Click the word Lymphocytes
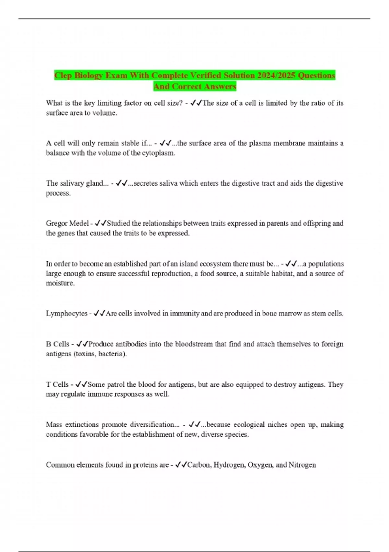[x=67, y=313]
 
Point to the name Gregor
[x=57, y=223]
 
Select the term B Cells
[x=58, y=344]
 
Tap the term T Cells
[x=57, y=384]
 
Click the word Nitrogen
[x=302, y=465]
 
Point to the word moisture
[x=60, y=283]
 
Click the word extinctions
[x=82, y=424]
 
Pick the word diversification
[x=154, y=424]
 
